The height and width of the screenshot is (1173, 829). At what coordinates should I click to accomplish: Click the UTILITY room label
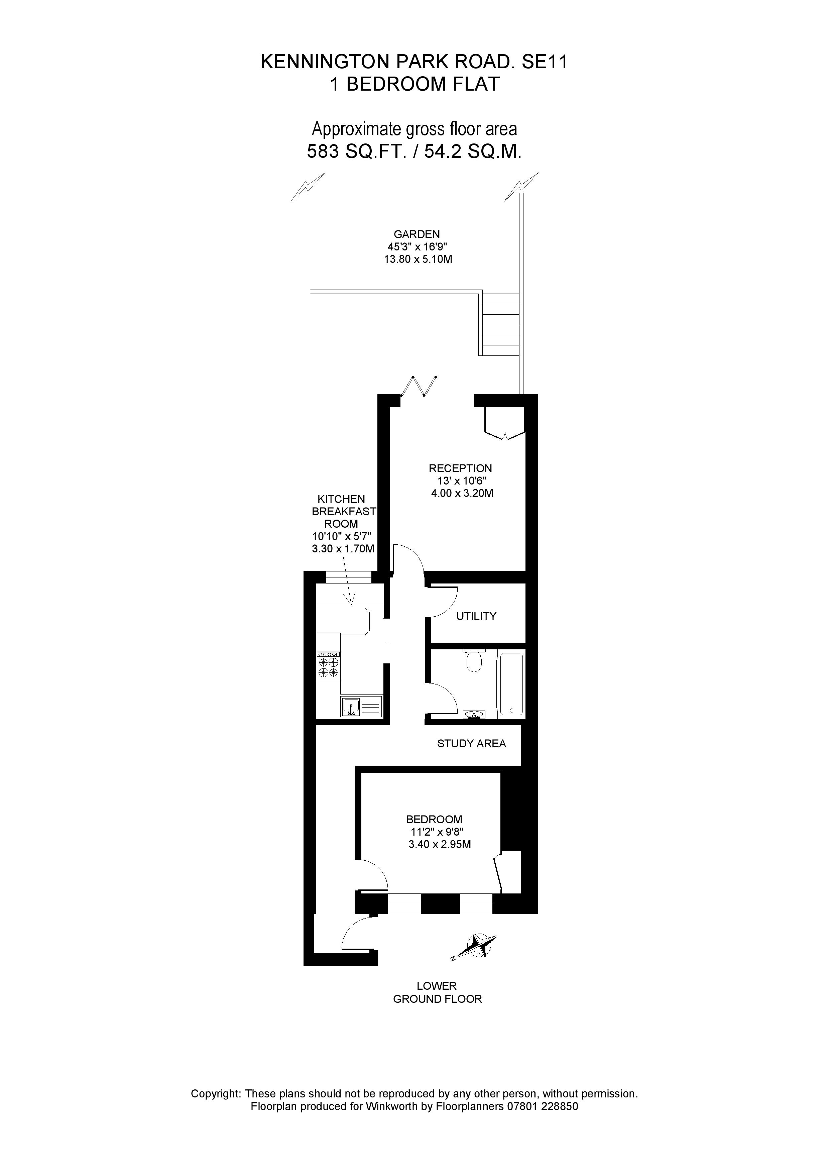click(x=476, y=616)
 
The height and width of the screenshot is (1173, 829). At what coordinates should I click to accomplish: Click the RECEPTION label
click(x=460, y=468)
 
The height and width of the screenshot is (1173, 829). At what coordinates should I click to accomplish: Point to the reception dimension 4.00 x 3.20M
click(x=462, y=494)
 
